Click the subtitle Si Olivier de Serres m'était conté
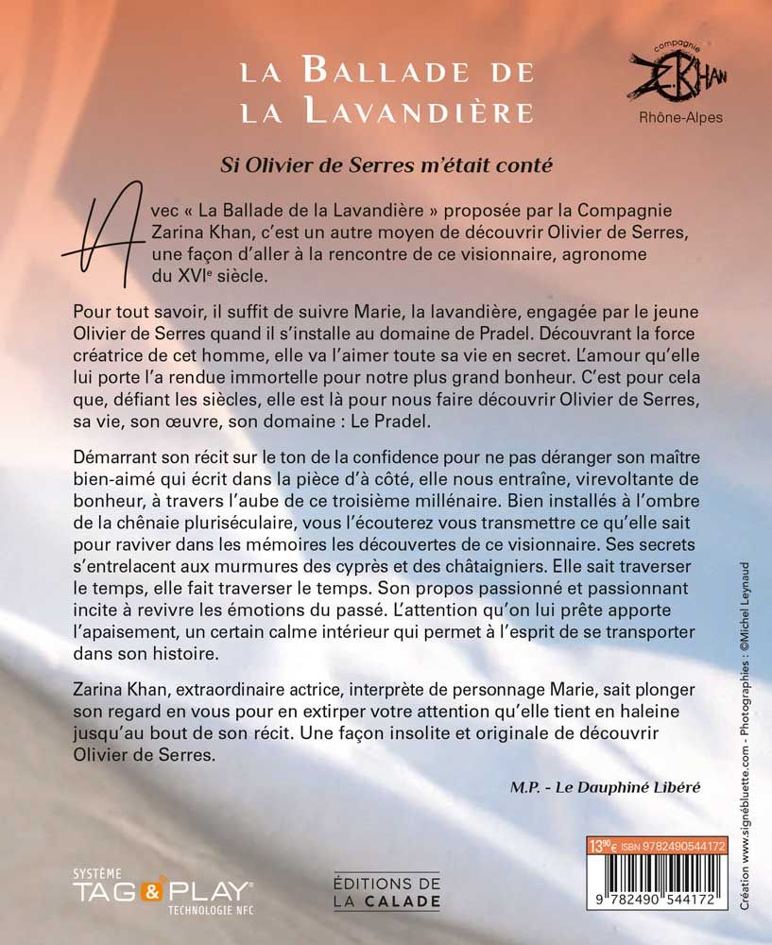pos(386,163)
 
